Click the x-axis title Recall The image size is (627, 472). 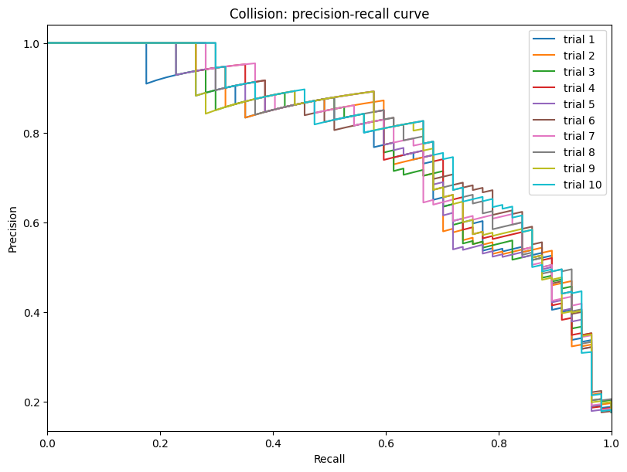pos(329,459)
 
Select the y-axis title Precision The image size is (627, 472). pos(13,228)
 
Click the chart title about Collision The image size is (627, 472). pos(329,13)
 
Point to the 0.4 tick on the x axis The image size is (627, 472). pos(273,444)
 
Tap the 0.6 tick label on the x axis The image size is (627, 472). pos(386,444)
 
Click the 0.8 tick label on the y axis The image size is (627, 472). pos(30,133)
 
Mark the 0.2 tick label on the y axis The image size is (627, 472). pos(30,402)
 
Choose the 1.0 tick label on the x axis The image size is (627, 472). pos(611,444)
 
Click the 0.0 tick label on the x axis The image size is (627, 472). pos(47,444)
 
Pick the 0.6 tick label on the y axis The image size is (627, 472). pos(30,222)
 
